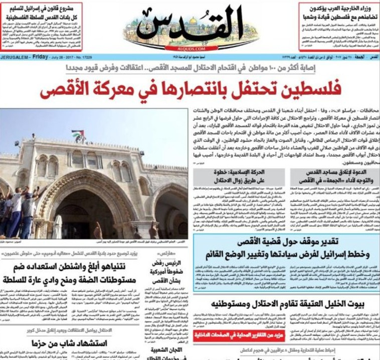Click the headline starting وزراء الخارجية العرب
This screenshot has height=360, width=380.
coord(339,13)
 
